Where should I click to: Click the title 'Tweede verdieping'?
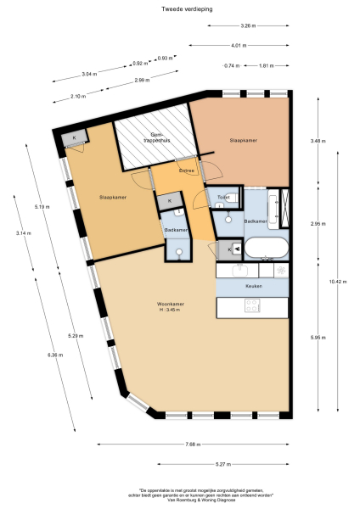point(180,9)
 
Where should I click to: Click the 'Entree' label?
point(187,171)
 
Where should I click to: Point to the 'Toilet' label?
point(223,197)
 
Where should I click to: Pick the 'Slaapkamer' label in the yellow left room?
point(112,197)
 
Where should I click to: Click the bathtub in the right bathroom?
point(265,249)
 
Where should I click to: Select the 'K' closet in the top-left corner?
point(74,138)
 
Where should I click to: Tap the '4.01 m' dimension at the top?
point(237,45)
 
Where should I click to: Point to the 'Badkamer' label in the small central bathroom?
point(175,230)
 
